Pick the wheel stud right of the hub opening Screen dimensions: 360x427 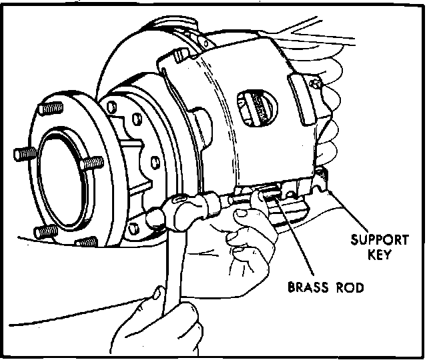(93, 163)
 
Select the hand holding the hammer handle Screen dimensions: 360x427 (157, 327)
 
